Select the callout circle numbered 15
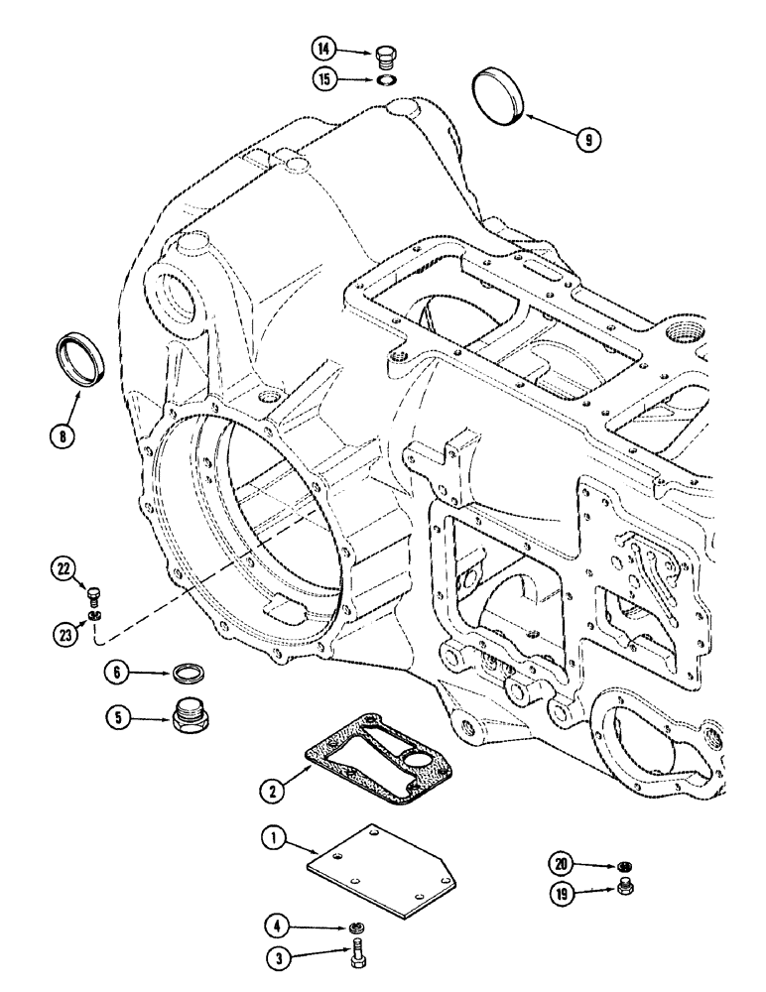tap(323, 78)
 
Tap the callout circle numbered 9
tap(588, 140)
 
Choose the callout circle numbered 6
tap(118, 673)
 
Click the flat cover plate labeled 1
tap(388, 863)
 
